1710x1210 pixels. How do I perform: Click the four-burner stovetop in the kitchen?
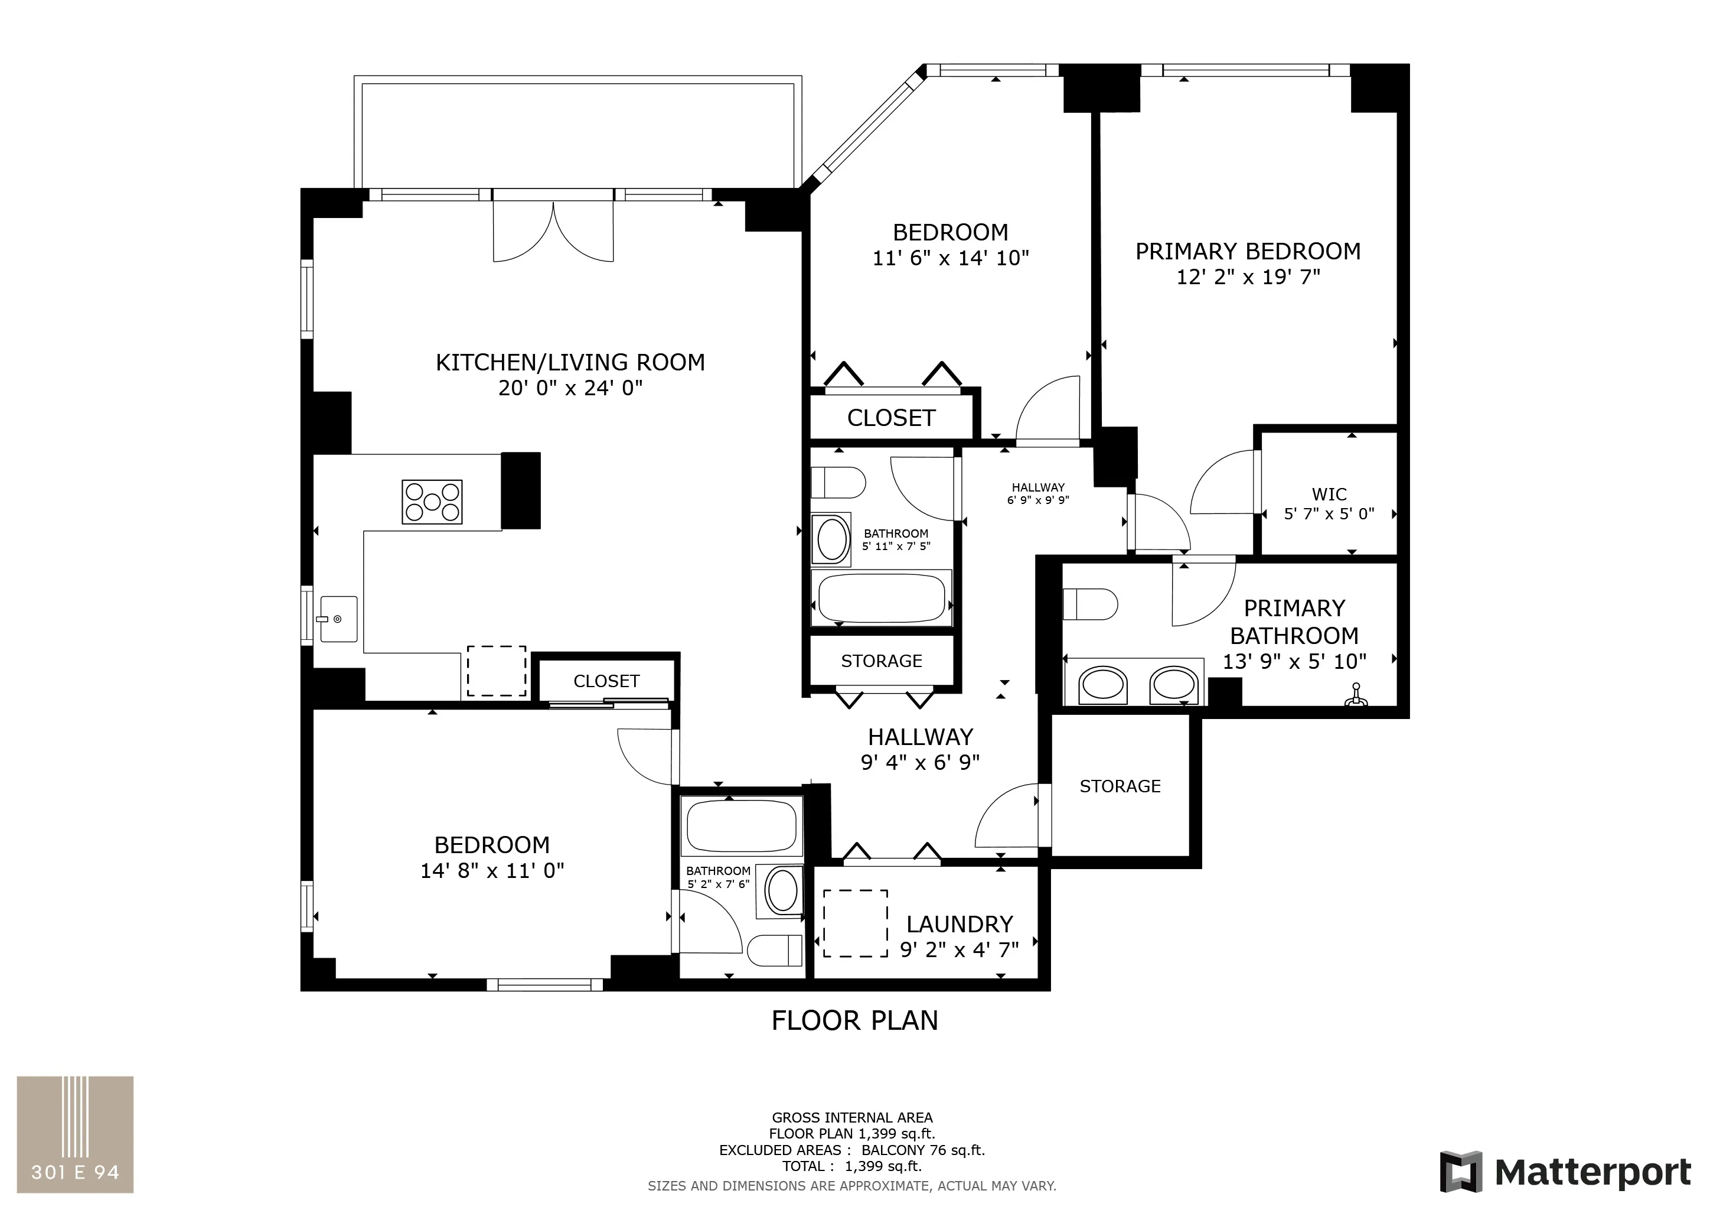click(x=432, y=502)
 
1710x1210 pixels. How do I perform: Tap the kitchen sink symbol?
click(x=338, y=619)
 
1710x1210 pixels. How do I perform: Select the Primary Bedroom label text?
click(x=1248, y=252)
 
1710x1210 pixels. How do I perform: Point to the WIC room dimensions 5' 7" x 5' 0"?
click(x=1329, y=514)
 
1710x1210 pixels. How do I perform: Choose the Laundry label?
click(x=960, y=925)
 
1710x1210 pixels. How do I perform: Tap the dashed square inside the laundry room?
click(x=855, y=923)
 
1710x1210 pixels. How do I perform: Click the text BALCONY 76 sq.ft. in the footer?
click(x=923, y=1150)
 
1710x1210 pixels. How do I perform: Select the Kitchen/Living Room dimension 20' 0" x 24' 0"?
click(x=570, y=388)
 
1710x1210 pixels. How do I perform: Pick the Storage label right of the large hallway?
click(x=1120, y=786)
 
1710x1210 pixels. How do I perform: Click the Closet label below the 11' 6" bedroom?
click(x=891, y=418)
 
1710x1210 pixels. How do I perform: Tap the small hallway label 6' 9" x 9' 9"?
click(x=1038, y=500)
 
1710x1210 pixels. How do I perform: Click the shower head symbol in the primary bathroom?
click(x=1356, y=698)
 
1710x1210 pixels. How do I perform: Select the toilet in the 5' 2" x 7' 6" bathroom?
click(x=775, y=950)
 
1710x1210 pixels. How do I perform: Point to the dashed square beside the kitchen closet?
click(x=497, y=671)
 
